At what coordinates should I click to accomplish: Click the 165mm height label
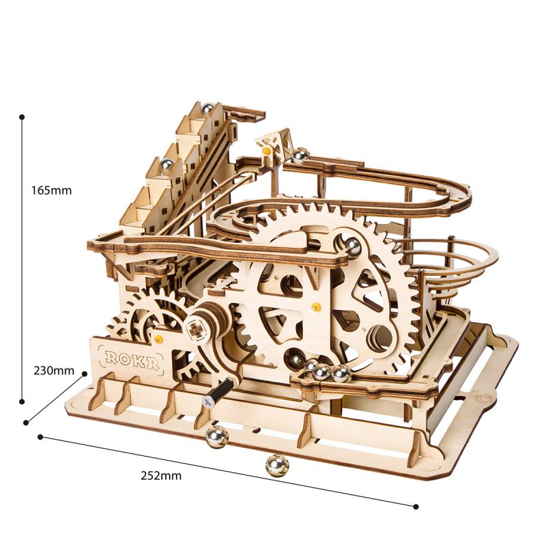(x=51, y=190)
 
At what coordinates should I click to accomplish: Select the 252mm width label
(x=162, y=476)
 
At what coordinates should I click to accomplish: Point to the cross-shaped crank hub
(x=199, y=329)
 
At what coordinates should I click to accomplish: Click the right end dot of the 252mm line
(x=416, y=506)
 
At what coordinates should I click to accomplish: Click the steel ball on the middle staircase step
(x=165, y=164)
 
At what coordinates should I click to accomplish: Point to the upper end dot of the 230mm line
(x=85, y=373)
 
